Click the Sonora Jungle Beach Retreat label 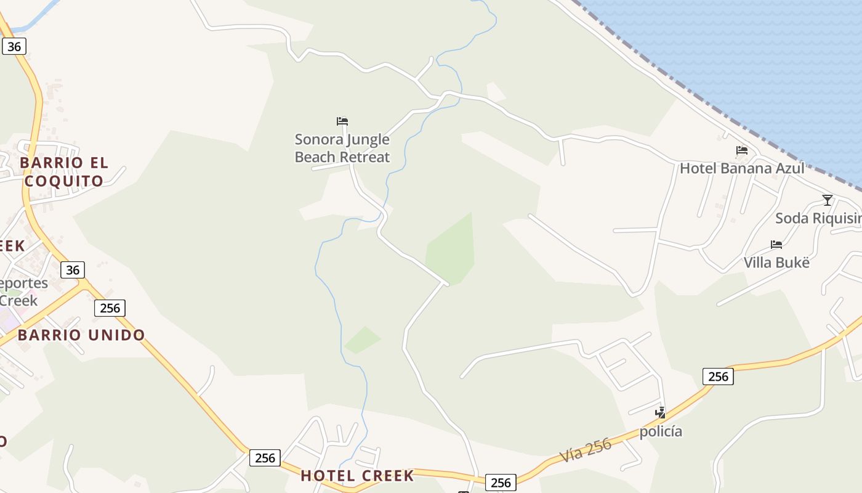(x=342, y=149)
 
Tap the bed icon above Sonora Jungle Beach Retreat (x=342, y=121)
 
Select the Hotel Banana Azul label (x=742, y=168)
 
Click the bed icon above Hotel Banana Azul (x=742, y=150)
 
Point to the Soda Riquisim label (x=818, y=218)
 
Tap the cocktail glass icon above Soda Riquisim (x=828, y=200)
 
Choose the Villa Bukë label (x=776, y=263)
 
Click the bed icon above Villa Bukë (x=776, y=245)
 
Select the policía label (x=661, y=431)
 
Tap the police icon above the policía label (x=661, y=412)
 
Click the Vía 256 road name (x=586, y=450)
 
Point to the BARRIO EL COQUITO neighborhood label (x=64, y=172)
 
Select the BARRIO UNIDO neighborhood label (x=81, y=335)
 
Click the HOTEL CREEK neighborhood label (x=357, y=476)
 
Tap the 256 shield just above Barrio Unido (x=110, y=308)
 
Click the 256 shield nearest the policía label (x=718, y=376)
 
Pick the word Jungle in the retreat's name (x=368, y=139)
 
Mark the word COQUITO (x=64, y=181)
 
